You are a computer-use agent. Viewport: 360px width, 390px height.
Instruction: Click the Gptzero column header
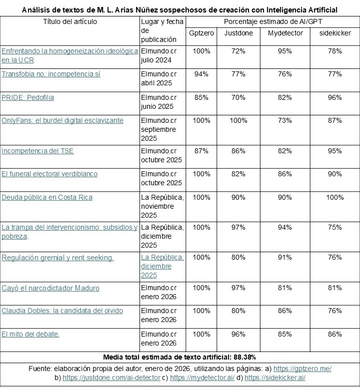[201, 33]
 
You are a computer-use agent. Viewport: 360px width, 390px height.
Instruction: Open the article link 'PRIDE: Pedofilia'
[27, 97]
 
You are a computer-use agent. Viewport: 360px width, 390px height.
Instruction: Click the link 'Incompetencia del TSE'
[37, 151]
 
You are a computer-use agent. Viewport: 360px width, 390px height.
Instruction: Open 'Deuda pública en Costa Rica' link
[47, 197]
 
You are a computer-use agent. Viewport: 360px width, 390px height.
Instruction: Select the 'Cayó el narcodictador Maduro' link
[50, 288]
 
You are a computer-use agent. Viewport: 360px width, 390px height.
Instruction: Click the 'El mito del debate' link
[30, 334]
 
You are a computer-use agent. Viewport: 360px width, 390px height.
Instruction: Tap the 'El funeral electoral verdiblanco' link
[49, 174]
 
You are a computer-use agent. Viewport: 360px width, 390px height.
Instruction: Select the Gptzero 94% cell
[201, 74]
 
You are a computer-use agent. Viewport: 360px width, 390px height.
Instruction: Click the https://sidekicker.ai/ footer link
[274, 378]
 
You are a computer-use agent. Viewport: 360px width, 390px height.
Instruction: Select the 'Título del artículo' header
[70, 21]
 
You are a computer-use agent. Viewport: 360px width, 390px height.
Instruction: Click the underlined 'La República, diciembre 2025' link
[162, 266]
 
